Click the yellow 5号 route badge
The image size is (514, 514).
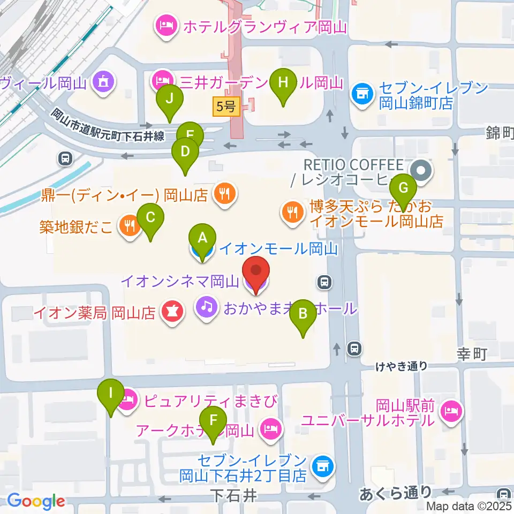225,107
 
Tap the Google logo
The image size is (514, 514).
36,501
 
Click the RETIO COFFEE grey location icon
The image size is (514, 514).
420,171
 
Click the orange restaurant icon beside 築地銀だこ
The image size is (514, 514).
128,225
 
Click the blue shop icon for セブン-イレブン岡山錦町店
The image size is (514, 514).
361,94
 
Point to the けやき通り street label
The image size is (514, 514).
401,366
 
